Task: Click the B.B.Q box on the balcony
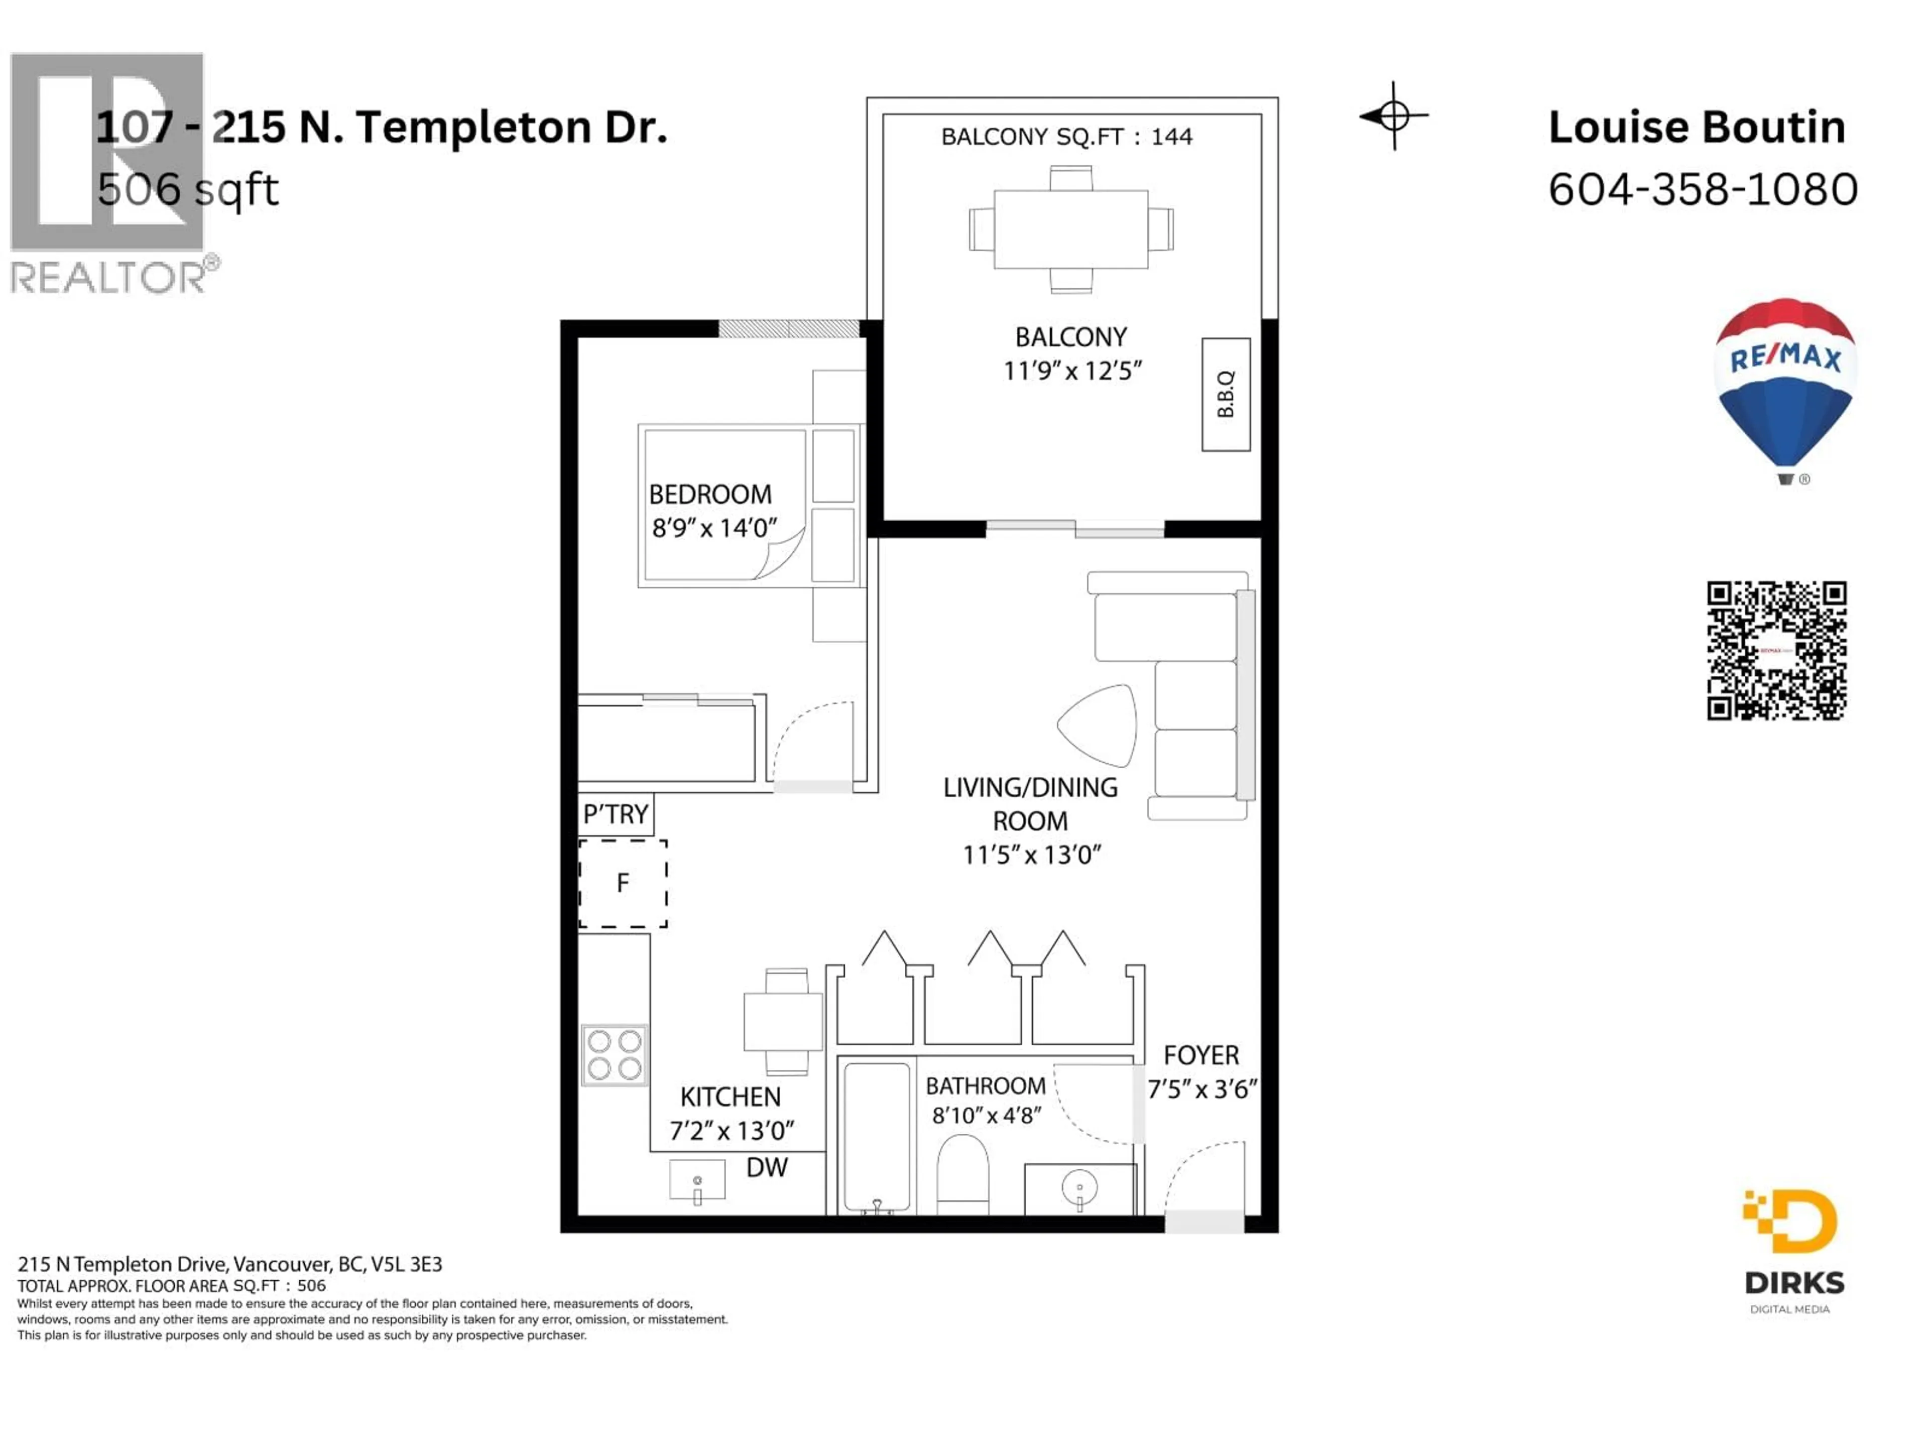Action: coord(1226,395)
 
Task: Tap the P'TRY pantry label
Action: coord(616,814)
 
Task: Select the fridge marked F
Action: coord(622,883)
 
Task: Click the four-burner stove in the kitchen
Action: coord(615,1055)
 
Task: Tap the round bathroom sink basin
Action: coord(1080,1187)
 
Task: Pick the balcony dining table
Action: coord(1070,230)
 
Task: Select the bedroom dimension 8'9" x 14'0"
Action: coord(714,528)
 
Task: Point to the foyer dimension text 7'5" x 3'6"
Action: coord(1202,1090)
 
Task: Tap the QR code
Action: coord(1776,650)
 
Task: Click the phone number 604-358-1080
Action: coord(1702,189)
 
